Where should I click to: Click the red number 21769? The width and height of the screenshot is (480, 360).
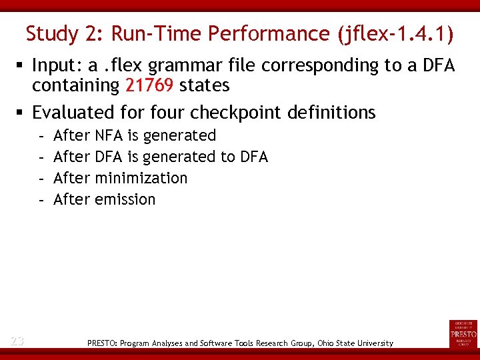click(149, 86)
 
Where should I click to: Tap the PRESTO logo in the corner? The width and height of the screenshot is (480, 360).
click(463, 333)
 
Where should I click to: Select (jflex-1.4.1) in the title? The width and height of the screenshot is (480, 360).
click(397, 33)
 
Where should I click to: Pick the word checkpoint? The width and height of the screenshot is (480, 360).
click(241, 113)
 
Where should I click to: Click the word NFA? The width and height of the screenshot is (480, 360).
click(109, 135)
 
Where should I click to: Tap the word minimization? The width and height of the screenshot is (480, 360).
click(141, 178)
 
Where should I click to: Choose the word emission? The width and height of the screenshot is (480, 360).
click(125, 199)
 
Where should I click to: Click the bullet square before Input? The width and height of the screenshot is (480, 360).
click(21, 66)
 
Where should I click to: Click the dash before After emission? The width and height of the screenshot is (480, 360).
click(41, 199)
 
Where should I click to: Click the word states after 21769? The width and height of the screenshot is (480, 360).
click(204, 86)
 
